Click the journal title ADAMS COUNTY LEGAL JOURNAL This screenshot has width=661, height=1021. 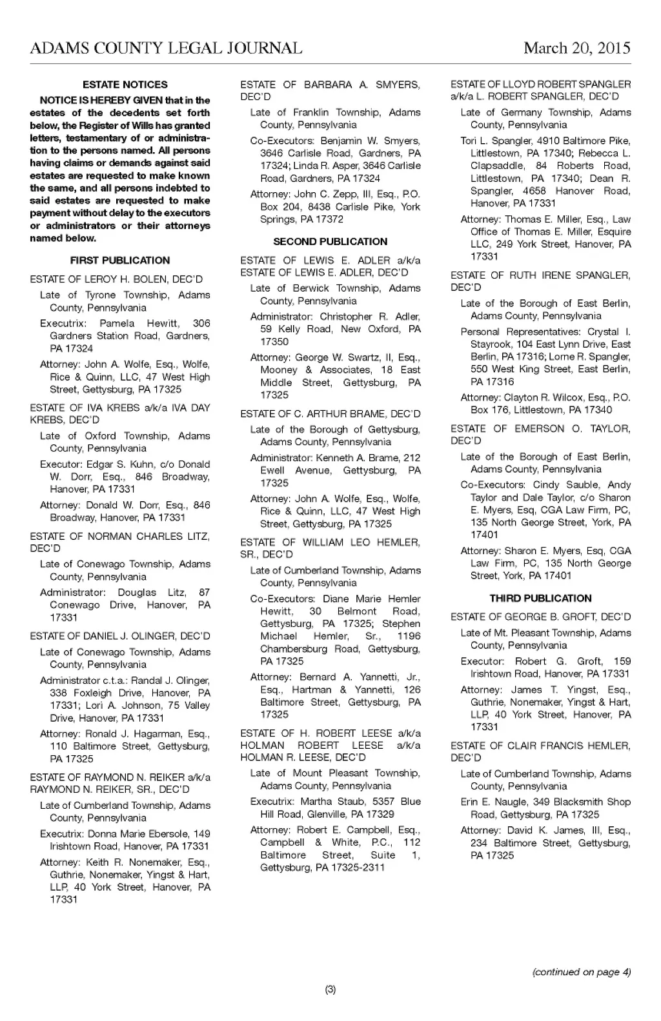click(166, 48)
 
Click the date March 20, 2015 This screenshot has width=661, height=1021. click(576, 48)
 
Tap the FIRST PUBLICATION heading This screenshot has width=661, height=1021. click(120, 261)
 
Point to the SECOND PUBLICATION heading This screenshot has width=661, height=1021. click(330, 242)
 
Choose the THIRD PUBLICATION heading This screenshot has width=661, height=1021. click(540, 599)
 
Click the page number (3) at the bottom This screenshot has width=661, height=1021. click(330, 990)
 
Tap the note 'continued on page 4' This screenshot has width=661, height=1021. click(581, 972)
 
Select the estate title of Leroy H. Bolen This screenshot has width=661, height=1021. click(116, 279)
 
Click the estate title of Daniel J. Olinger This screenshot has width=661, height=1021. click(120, 637)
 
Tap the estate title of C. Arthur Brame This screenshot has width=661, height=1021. click(330, 414)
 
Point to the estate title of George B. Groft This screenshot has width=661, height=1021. click(540, 617)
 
